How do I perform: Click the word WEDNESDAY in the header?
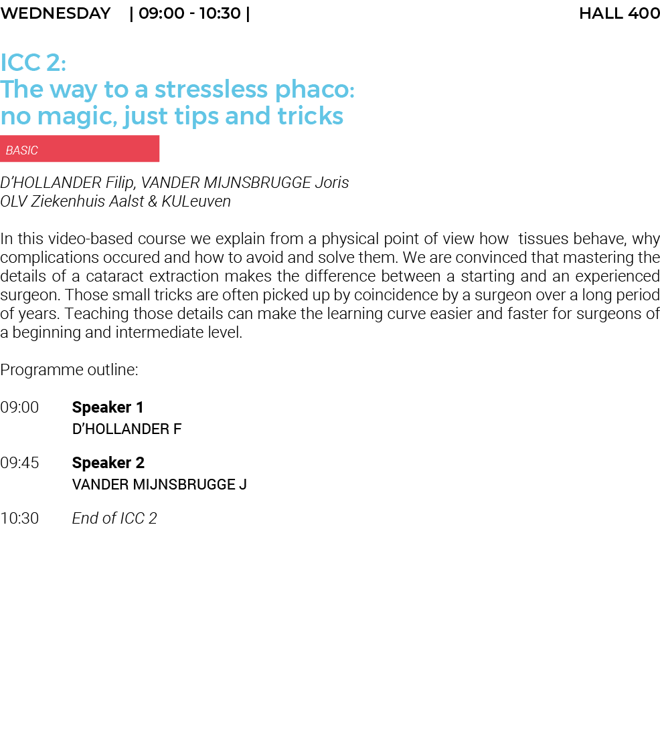tap(56, 13)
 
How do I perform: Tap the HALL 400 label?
tap(619, 13)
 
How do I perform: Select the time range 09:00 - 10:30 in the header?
tap(190, 13)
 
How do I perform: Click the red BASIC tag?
tap(80, 149)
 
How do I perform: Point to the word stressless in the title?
tap(210, 89)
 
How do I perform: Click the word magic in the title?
tap(77, 117)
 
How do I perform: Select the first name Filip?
tap(120, 183)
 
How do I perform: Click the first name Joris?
tap(332, 183)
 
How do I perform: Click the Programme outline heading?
tap(69, 370)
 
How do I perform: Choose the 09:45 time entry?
tap(19, 463)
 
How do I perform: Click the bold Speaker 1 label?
tap(108, 407)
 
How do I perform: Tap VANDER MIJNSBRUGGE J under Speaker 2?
tap(159, 484)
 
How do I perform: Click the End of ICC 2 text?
tap(114, 518)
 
